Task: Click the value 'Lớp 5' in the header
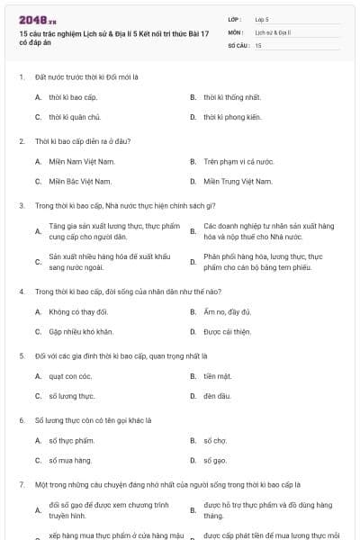[262, 18]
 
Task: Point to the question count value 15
[258, 44]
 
